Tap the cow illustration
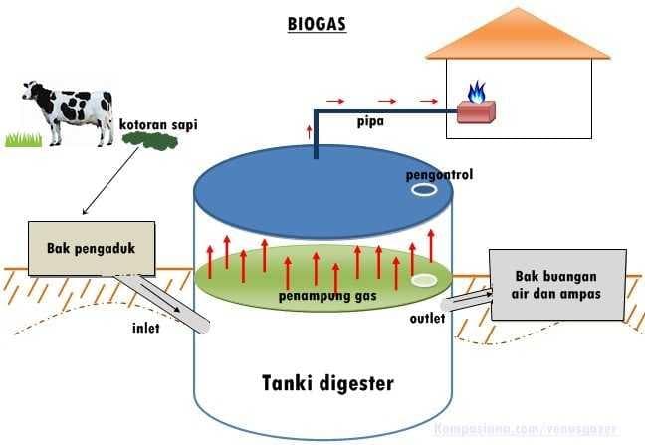pyautogui.click(x=70, y=110)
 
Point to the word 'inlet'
pyautogui.click(x=147, y=327)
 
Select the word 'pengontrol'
pyautogui.click(x=439, y=175)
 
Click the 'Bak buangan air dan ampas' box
pyautogui.click(x=557, y=284)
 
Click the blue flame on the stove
pyautogui.click(x=477, y=93)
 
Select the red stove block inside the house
pyautogui.click(x=477, y=111)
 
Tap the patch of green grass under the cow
pyautogui.click(x=26, y=139)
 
